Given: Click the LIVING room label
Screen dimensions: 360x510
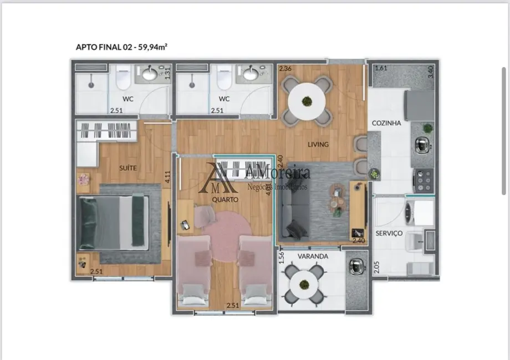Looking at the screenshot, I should point(319,145).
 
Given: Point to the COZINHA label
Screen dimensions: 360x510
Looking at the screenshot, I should point(386,124).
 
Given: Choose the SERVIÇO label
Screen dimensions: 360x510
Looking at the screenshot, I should point(389,233).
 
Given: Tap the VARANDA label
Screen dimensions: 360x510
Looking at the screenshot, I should point(313,256).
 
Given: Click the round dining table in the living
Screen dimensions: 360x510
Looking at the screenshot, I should point(307,101).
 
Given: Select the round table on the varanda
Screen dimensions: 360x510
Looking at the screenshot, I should point(304,284).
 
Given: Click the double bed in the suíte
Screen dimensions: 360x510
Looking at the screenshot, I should point(114,222).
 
